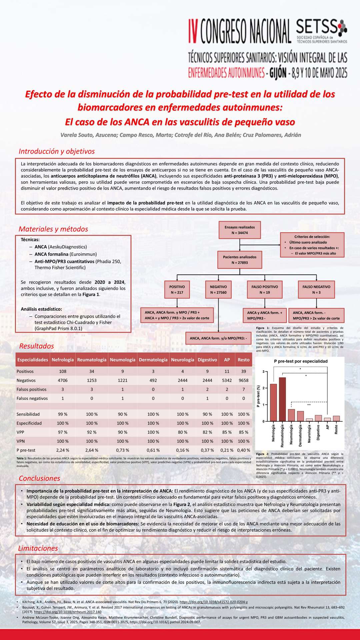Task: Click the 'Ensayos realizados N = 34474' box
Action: tap(240, 230)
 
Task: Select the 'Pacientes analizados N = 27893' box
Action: tap(240, 260)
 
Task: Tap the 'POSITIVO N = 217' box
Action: tap(177, 289)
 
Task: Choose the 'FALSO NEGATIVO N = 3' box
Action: tap(316, 289)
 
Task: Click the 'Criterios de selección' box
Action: tap(312, 245)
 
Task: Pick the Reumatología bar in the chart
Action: tap(282, 399)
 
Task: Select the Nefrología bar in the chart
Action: tap(273, 403)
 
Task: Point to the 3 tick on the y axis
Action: tap(263, 372)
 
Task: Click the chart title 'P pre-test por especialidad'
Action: tap(301, 361)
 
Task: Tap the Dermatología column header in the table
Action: tap(153, 360)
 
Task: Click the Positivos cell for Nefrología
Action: tap(63, 371)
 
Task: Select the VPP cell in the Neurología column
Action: tap(183, 432)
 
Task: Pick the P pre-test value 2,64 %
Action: tap(92, 450)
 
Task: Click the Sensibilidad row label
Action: tap(28, 414)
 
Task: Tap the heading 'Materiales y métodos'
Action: tap(53, 229)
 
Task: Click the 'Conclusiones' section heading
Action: tap(39, 478)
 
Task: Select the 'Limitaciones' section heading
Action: tap(38, 548)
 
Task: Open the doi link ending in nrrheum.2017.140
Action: tap(68, 612)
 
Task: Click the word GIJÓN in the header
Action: tap(277, 72)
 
